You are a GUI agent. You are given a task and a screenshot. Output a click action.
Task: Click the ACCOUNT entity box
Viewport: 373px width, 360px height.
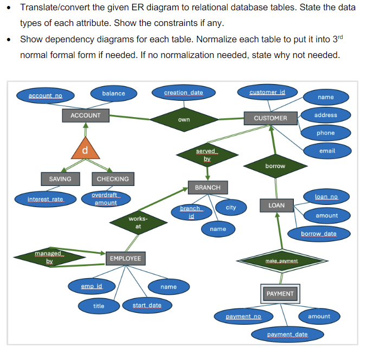point(86,115)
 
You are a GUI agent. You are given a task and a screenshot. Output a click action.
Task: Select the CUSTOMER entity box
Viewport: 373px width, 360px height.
point(270,118)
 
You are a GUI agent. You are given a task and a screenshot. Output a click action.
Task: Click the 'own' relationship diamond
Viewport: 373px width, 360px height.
point(184,119)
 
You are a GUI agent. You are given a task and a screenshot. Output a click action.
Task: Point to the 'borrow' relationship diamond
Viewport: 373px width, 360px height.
point(275,166)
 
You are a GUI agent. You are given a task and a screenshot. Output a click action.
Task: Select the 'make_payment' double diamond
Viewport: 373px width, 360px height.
point(281,261)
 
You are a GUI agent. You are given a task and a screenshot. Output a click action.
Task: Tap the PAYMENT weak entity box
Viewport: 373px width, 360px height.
point(280,293)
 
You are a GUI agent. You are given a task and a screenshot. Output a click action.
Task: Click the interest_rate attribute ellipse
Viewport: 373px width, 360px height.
point(46,200)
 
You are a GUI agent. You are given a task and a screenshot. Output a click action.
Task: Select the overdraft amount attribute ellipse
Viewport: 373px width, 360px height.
point(106,199)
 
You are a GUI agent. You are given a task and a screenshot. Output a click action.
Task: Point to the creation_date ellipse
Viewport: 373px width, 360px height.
point(183,93)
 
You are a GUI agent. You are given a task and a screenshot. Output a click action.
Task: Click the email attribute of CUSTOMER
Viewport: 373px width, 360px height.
point(327,151)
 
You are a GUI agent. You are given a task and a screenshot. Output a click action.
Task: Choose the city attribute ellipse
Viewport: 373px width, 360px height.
point(231,207)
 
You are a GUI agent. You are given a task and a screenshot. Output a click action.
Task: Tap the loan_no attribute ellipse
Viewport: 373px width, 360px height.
point(326,196)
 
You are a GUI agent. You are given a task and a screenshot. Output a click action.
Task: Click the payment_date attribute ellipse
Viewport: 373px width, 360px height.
point(287,335)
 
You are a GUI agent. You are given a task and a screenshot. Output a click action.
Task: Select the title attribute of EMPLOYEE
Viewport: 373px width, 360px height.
point(99,306)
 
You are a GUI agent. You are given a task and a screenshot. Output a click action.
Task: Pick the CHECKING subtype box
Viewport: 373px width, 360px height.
point(113,179)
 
